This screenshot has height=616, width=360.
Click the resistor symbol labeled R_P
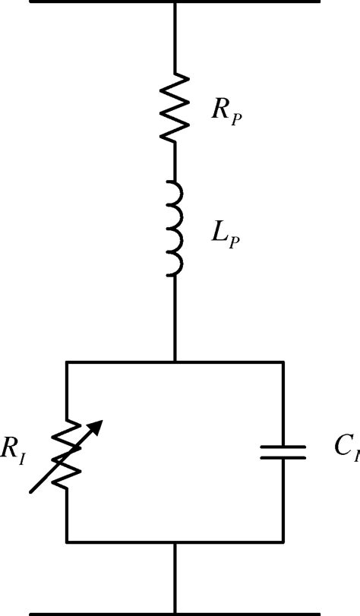coord(175,107)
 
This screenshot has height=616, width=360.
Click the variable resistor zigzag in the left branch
coord(68,455)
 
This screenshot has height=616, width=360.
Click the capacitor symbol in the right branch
coord(283,453)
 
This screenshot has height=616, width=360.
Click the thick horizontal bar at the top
coord(175,2)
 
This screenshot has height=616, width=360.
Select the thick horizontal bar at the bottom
coord(175,612)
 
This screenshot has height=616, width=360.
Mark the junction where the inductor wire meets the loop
coord(175,362)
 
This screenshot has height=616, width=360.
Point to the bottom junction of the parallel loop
coord(175,542)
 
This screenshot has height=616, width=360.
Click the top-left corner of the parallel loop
coord(68,362)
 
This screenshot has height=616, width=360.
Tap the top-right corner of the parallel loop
coord(283,362)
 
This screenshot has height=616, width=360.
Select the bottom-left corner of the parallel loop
coord(68,542)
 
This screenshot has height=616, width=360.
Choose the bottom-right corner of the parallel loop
coord(283,542)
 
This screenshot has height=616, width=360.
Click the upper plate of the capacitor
coord(283,446)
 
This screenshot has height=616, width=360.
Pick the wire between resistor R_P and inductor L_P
coord(175,161)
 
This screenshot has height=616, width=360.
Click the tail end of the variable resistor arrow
coord(31,492)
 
